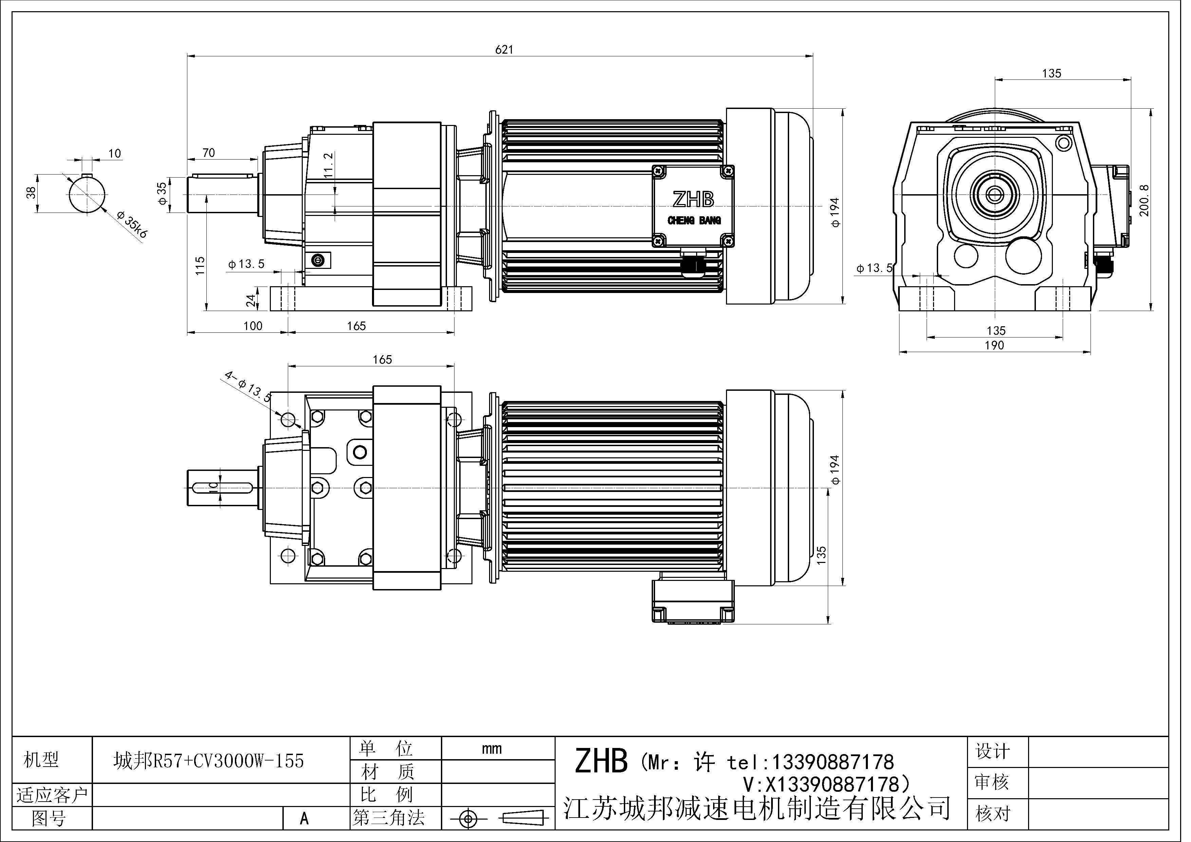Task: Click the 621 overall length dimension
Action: pos(504,49)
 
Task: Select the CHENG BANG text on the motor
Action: pos(694,220)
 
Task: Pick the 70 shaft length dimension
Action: pos(208,152)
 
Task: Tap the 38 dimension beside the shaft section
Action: pos(32,193)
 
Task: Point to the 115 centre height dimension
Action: pos(200,266)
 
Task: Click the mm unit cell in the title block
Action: pos(491,749)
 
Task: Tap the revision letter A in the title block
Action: pos(304,819)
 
